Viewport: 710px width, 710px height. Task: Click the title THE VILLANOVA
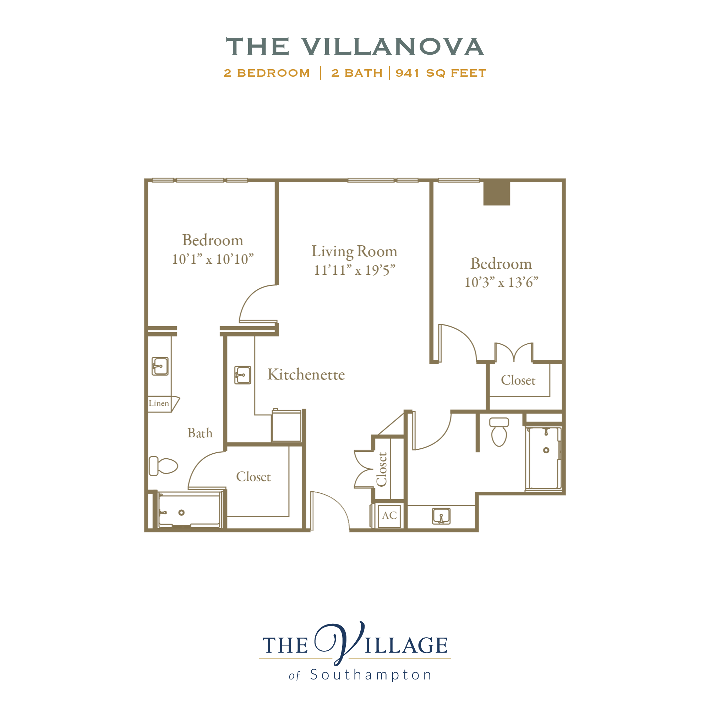coord(355,47)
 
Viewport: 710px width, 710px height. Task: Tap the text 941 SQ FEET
coord(441,73)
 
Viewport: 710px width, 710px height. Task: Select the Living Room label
coord(354,251)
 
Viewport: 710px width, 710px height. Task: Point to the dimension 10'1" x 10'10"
coord(213,259)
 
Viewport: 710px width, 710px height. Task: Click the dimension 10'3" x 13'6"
coord(501,282)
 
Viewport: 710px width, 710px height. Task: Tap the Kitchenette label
coord(306,375)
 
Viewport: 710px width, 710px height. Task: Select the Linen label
coord(159,403)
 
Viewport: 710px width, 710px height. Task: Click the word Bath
coord(200,433)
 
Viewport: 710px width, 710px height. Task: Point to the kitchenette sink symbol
coord(242,375)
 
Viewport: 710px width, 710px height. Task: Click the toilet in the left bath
coord(163,466)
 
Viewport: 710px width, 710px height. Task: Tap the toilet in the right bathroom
coord(499,432)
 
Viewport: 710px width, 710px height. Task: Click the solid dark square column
coord(497,193)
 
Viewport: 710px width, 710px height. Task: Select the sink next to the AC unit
coord(441,516)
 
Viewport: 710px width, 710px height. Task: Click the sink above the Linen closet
coord(160,366)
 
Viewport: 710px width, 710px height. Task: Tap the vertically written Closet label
coord(382,469)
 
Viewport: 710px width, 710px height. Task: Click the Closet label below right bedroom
coord(518,380)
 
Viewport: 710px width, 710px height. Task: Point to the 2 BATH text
coord(357,73)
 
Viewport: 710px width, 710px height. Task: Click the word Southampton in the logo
coord(371,675)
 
